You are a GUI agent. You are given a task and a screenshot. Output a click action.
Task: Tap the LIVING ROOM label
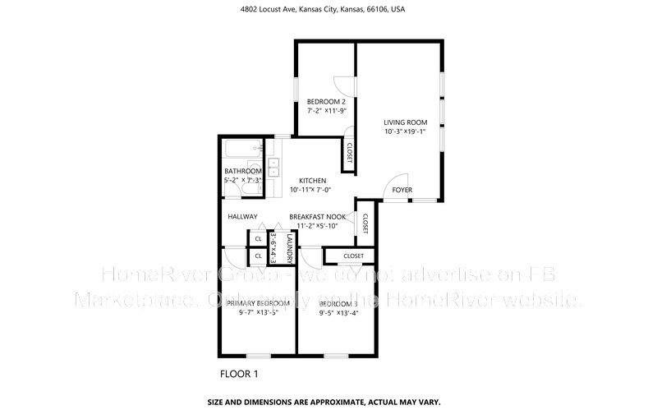tap(406, 122)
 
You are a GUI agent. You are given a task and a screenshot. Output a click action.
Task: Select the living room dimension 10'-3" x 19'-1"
tap(406, 131)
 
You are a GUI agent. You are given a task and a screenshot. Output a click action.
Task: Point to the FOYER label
tap(402, 190)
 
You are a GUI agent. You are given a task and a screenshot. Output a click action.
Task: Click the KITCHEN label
tap(312, 181)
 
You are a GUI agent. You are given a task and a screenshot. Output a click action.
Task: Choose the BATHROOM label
tap(242, 171)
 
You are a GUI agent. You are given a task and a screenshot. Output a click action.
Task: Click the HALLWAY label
tap(243, 217)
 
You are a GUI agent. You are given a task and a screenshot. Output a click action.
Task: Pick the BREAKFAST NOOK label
tap(317, 217)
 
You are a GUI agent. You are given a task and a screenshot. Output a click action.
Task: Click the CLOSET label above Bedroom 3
tap(353, 256)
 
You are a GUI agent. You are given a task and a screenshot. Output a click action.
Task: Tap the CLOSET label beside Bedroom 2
tap(349, 153)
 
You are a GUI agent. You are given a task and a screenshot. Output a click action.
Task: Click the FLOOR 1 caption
tap(239, 374)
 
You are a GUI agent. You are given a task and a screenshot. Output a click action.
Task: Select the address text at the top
tap(328, 10)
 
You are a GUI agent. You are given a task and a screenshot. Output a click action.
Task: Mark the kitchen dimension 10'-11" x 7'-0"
tap(312, 190)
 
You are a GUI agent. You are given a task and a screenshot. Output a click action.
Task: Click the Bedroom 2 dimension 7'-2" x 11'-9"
tap(326, 110)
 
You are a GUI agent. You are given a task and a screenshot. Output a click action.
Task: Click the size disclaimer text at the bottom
tap(328, 403)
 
